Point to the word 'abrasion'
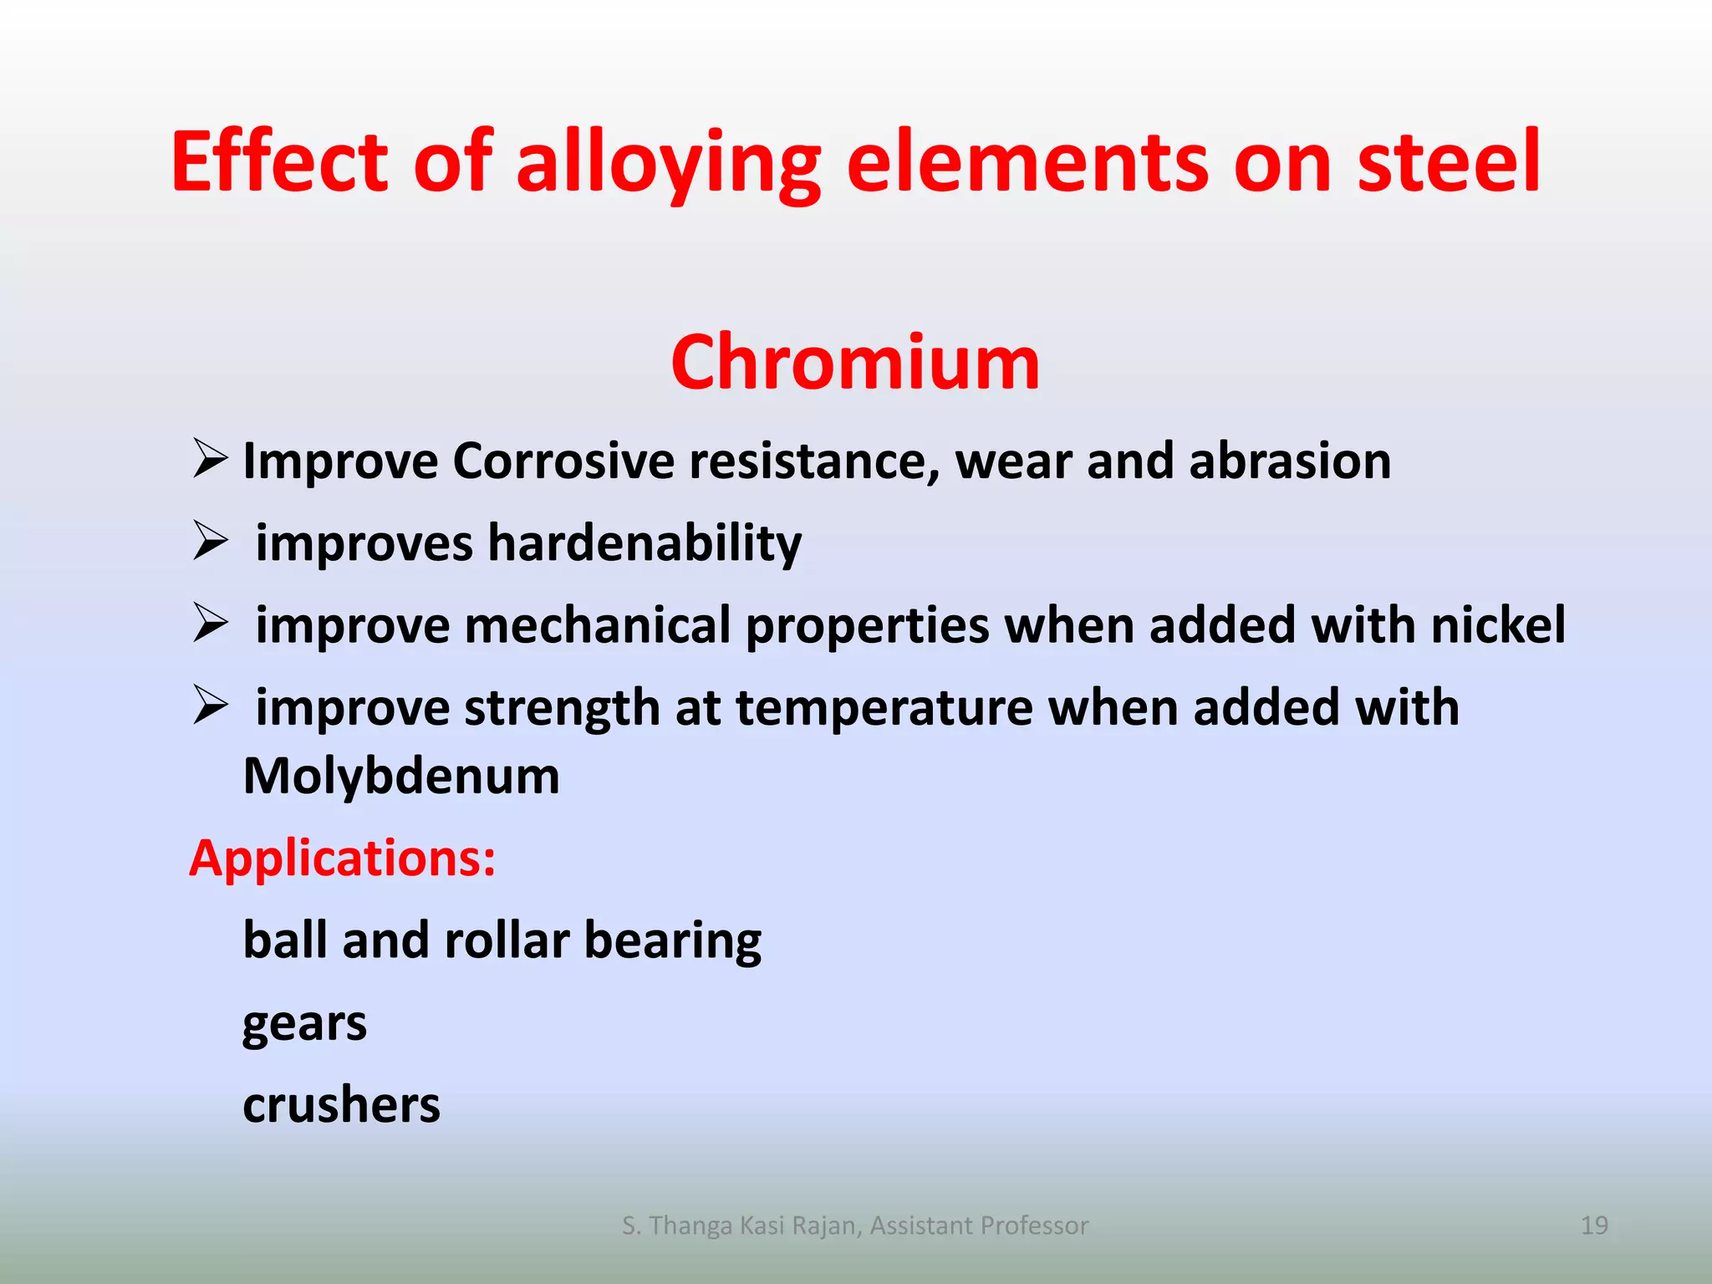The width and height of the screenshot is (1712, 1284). (1289, 461)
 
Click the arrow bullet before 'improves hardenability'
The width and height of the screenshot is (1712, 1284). (210, 541)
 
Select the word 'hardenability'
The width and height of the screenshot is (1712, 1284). (645, 543)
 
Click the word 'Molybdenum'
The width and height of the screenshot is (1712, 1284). (401, 776)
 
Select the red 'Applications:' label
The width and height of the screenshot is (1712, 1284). (343, 859)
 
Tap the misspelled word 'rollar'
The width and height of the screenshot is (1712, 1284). (507, 940)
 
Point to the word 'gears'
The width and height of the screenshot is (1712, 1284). (304, 1025)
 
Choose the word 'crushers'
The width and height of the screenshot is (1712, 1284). (341, 1105)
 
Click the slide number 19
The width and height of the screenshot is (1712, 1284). (1594, 1225)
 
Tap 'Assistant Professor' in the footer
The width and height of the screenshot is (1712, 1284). (979, 1225)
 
